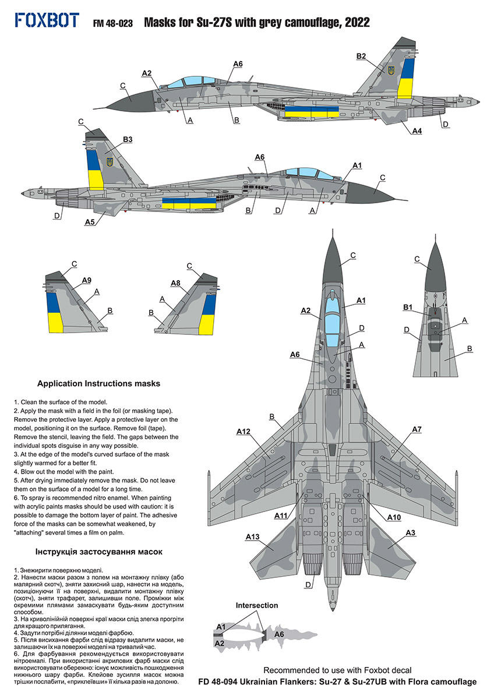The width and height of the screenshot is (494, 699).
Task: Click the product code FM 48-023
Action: pos(113,23)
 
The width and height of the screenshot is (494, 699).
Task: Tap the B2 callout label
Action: pos(361,56)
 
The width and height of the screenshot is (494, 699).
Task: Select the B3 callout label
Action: pos(128,139)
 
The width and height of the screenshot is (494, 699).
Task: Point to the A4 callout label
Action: pos(417,132)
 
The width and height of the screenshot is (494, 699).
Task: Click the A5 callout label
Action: pos(90,222)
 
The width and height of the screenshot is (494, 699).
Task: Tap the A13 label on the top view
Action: pos(252,536)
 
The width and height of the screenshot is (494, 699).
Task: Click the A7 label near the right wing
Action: pos(417,429)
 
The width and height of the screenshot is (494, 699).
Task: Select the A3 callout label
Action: pos(410,532)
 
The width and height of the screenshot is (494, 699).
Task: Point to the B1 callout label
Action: pos(408,307)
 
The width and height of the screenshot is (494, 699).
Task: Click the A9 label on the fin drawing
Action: pos(86,281)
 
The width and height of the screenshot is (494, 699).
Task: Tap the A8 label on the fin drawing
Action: pos(175,283)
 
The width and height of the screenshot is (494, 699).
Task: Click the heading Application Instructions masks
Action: pos(98,383)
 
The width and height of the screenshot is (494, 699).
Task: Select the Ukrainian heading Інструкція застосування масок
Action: pos(99,551)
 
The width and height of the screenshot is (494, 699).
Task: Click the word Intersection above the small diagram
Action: pos(257,605)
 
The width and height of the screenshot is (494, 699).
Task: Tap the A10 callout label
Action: pos(394,517)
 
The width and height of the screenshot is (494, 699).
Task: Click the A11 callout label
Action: pos(281,516)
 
